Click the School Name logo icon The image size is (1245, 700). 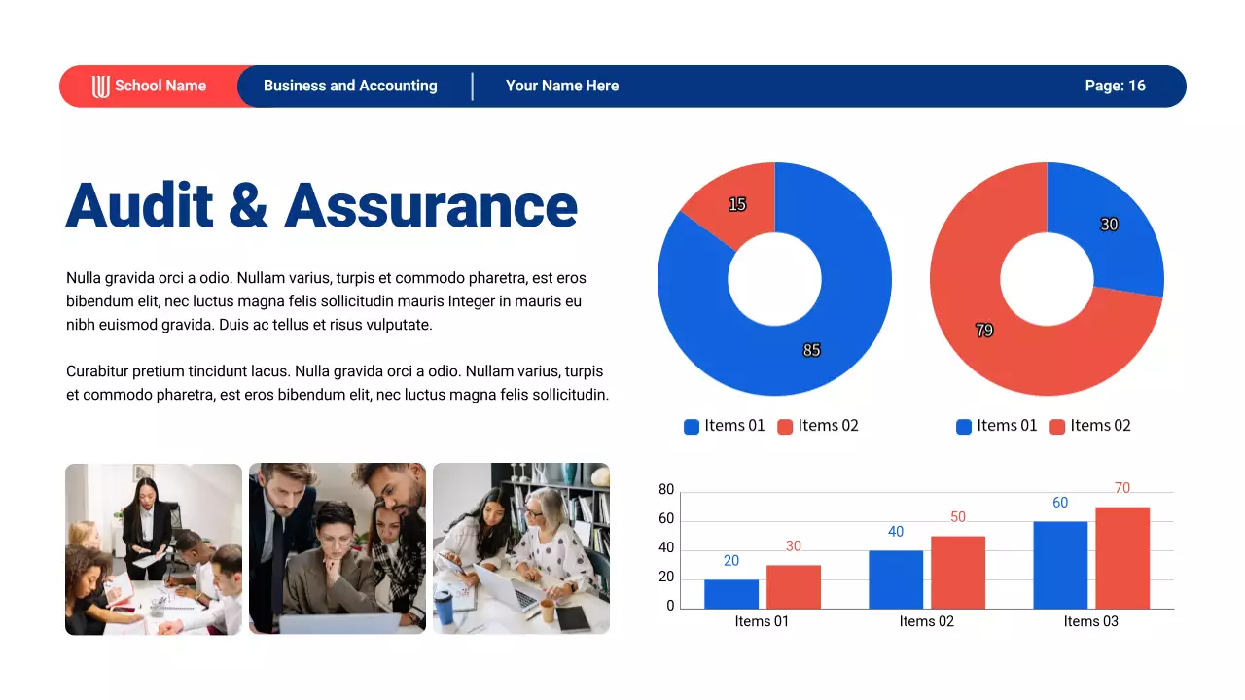pos(101,87)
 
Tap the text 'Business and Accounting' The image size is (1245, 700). pos(350,86)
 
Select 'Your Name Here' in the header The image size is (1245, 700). pos(562,86)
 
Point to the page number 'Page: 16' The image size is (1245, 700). pos(1115,86)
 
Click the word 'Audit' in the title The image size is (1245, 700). pos(139,206)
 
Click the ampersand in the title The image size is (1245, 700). pos(248,207)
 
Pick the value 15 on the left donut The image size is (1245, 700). pos(737,204)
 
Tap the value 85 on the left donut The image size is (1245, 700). pos(811,350)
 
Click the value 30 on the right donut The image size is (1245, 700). pos(1109,225)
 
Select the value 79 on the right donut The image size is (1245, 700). pos(984,331)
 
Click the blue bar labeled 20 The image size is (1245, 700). pos(731,594)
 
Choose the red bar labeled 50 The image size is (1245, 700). pos(958,573)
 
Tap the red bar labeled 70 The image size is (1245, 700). pos(1122,558)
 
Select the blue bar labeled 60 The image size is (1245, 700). pos(1060,565)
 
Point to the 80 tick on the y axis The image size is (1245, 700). pos(666,490)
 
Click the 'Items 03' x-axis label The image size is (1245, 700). pos(1090,621)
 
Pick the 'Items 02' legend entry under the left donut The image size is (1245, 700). pos(818,426)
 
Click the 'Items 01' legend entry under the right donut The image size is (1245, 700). pos(997,426)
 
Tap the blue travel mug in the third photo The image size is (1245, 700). pos(444,607)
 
